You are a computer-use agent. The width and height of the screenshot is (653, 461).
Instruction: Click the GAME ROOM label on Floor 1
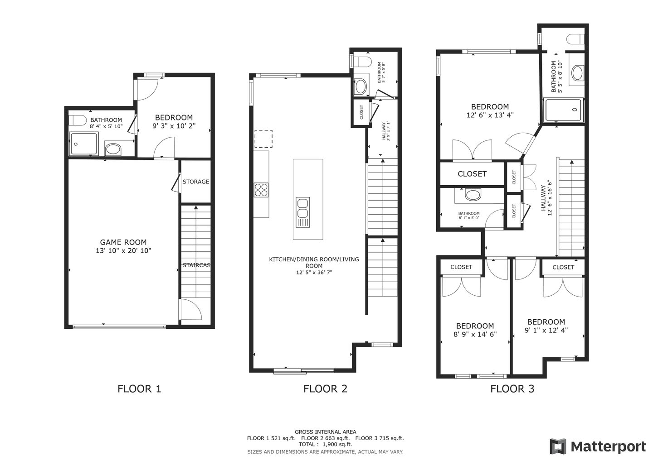[123, 242]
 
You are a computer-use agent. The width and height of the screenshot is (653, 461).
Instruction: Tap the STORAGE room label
[196, 182]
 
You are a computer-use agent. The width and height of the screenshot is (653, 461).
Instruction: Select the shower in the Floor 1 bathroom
[83, 144]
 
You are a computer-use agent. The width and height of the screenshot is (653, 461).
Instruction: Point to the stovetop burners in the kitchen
[261, 190]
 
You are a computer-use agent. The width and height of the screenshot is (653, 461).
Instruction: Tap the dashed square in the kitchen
[263, 139]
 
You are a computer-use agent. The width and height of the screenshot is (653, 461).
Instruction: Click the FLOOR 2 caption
[325, 389]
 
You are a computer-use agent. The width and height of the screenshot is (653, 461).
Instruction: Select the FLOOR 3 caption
[512, 389]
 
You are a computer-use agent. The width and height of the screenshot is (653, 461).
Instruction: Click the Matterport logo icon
[558, 447]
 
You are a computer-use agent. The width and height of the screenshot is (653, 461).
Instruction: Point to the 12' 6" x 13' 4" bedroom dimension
[490, 115]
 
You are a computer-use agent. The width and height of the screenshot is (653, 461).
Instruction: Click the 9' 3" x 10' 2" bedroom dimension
[174, 126]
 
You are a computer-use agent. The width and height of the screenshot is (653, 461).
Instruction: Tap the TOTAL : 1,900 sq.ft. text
[325, 444]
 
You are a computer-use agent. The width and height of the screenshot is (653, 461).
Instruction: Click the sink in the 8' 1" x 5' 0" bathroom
[473, 195]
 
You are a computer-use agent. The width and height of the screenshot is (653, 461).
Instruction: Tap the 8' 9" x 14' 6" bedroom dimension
[475, 334]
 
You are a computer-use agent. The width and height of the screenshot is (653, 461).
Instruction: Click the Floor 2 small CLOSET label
[361, 112]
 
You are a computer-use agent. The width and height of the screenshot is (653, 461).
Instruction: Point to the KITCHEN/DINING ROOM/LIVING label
[314, 259]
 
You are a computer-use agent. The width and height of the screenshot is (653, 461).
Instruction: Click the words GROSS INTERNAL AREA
[325, 432]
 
